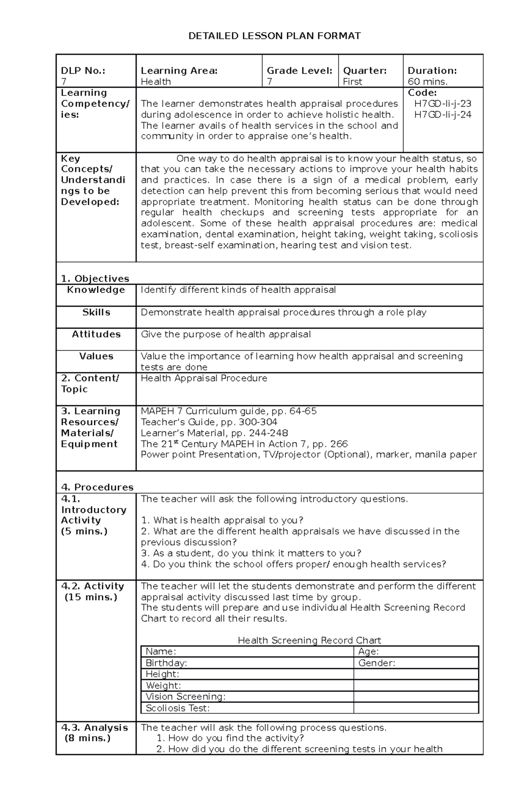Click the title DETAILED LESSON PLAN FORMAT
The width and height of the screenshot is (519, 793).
(x=274, y=36)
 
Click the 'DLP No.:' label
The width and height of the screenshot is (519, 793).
(x=83, y=71)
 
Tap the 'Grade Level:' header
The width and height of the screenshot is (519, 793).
(x=299, y=71)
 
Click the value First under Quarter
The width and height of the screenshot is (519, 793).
(x=352, y=82)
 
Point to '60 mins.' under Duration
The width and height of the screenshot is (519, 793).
(x=428, y=82)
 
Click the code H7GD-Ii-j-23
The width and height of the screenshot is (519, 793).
(x=442, y=104)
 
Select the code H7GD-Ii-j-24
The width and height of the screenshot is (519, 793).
(x=442, y=115)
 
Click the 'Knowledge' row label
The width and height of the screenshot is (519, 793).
(x=96, y=290)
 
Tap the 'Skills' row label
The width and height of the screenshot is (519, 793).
(x=96, y=312)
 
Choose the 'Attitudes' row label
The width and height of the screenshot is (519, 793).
(x=96, y=334)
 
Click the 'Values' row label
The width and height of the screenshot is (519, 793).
(x=96, y=357)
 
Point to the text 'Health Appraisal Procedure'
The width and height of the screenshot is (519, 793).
(x=204, y=379)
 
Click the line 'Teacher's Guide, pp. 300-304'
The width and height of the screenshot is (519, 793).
(x=209, y=422)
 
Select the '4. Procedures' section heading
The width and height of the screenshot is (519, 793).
(x=97, y=487)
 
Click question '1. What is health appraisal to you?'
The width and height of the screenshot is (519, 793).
(x=222, y=520)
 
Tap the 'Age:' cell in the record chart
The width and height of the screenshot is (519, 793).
(x=368, y=652)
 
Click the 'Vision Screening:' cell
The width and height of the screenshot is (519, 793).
(x=186, y=697)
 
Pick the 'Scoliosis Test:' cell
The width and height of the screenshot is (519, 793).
(x=177, y=708)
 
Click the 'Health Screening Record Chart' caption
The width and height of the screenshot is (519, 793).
(x=309, y=640)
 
